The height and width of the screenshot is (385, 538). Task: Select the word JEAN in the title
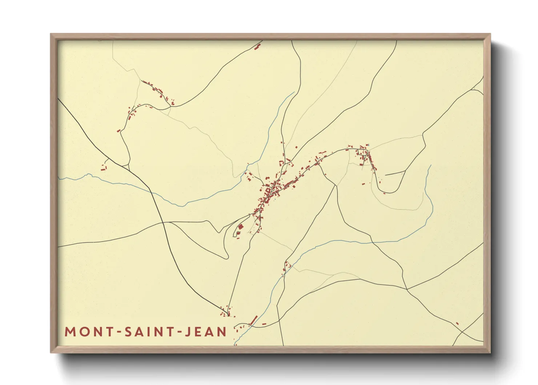click(206, 332)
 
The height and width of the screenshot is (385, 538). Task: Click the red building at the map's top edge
click(258, 46)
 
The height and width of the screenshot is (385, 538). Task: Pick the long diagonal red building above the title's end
click(253, 320)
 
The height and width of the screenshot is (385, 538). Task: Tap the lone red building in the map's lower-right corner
click(457, 323)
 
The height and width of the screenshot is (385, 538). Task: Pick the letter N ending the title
click(222, 332)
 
